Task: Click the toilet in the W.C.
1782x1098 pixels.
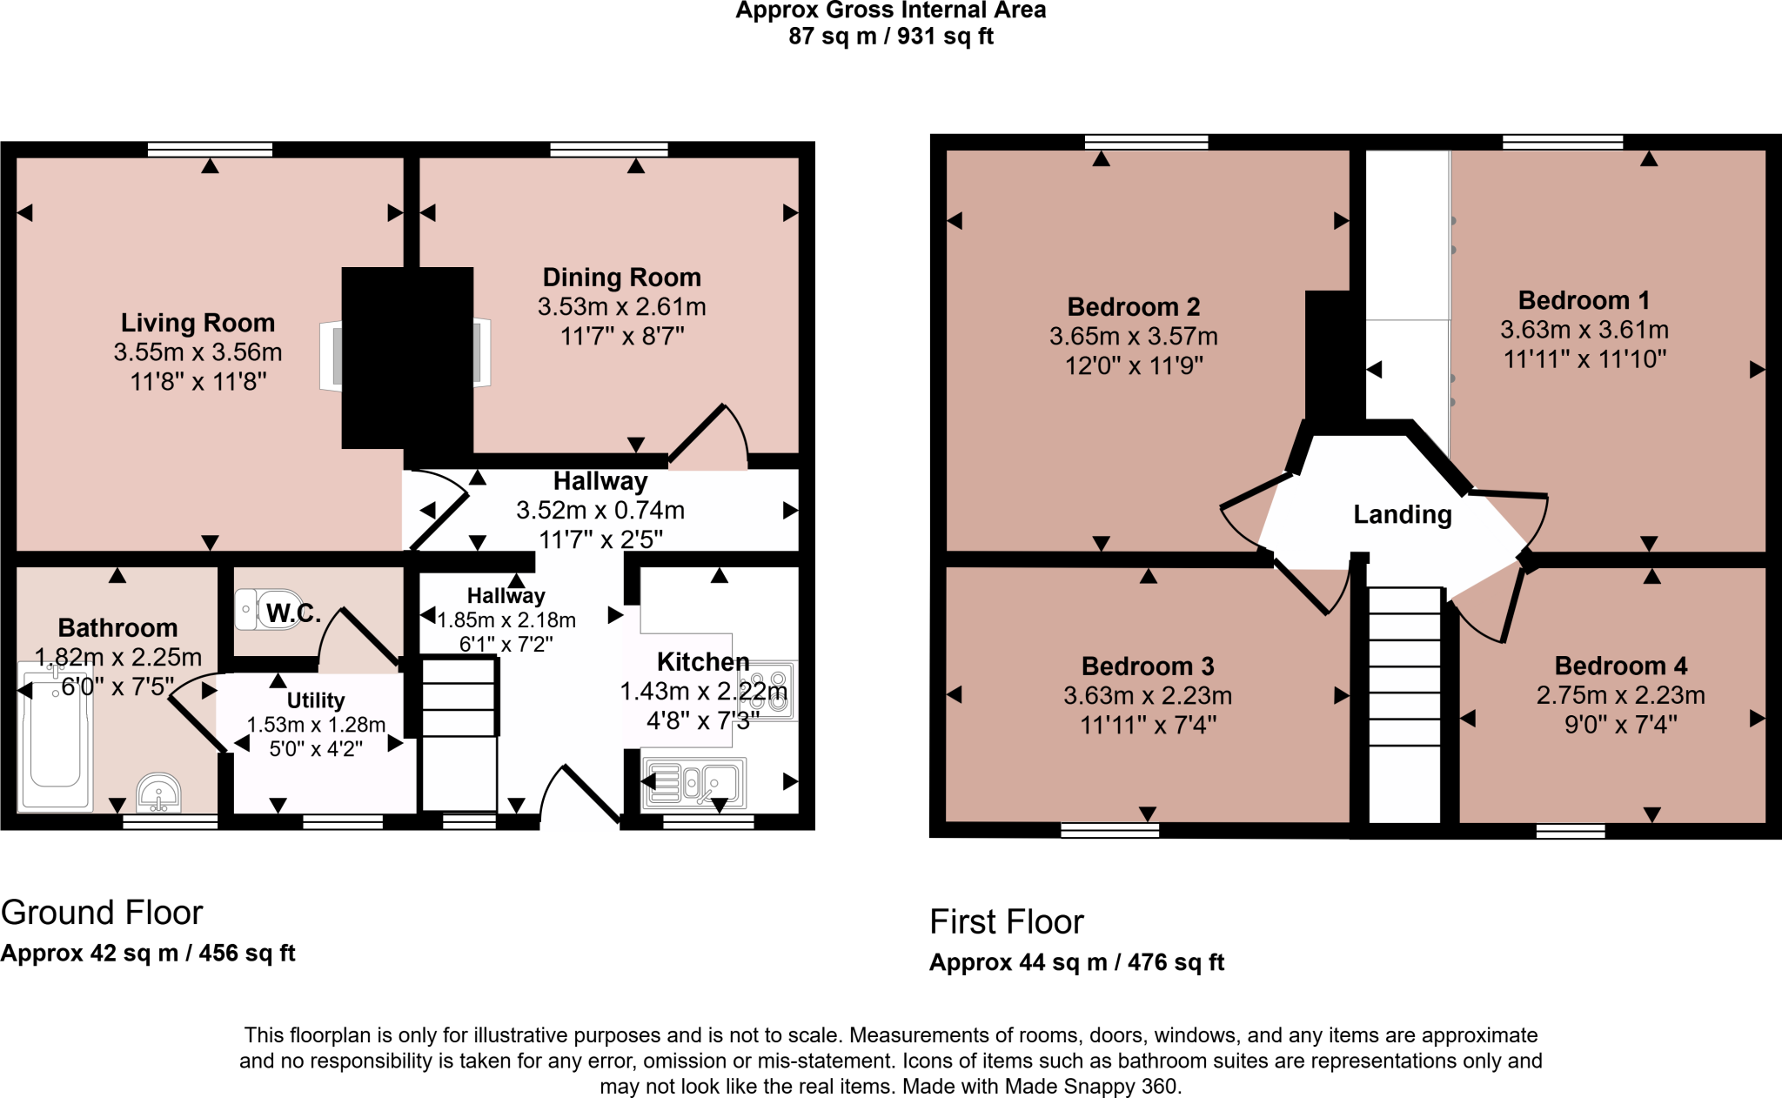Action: pyautogui.click(x=254, y=609)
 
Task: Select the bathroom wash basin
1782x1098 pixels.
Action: pyautogui.click(x=158, y=793)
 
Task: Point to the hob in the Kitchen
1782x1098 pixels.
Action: pyautogui.click(x=767, y=691)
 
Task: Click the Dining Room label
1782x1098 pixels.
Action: pyautogui.click(x=621, y=278)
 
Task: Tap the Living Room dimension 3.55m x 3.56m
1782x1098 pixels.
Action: pyautogui.click(x=198, y=352)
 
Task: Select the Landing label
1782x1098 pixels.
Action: pyautogui.click(x=1402, y=514)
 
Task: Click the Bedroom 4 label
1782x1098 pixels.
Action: pyautogui.click(x=1620, y=666)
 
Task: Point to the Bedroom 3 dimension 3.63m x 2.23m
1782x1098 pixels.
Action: pyautogui.click(x=1147, y=696)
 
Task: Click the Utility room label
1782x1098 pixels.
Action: pyautogui.click(x=315, y=700)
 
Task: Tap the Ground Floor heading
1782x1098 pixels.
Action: pyautogui.click(x=102, y=913)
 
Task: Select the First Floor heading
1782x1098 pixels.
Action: pyautogui.click(x=1006, y=922)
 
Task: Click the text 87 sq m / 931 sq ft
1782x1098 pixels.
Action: pyautogui.click(x=890, y=37)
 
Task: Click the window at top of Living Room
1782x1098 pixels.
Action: pyautogui.click(x=210, y=150)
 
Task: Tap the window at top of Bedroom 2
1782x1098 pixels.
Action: pyautogui.click(x=1146, y=142)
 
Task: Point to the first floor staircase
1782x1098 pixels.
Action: pyautogui.click(x=1404, y=705)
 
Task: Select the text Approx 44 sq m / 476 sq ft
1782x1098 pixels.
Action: pyautogui.click(x=1076, y=962)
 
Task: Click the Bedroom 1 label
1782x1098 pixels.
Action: pyautogui.click(x=1583, y=300)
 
